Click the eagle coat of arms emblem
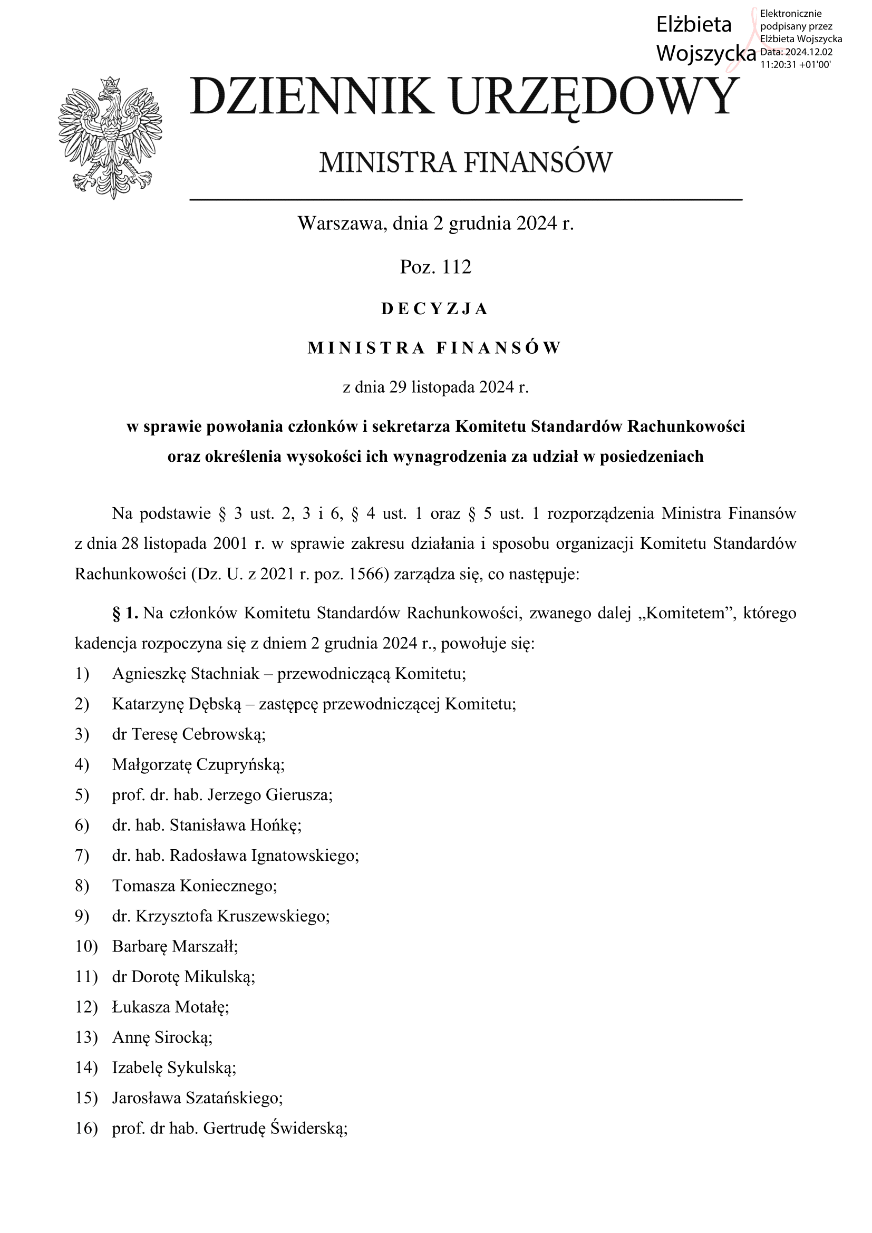[110, 138]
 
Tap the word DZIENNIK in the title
[312, 96]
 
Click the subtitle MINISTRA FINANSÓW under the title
[466, 162]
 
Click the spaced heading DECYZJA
[435, 309]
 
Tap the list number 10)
[86, 946]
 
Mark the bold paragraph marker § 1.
[125, 613]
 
